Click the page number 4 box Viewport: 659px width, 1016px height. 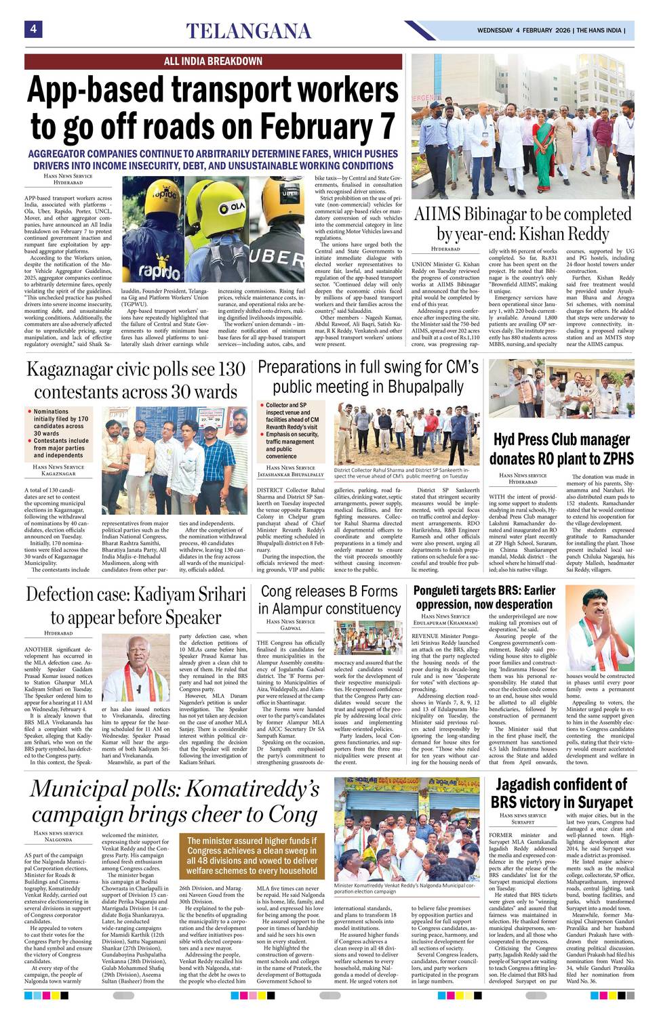click(33, 29)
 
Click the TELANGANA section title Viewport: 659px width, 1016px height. click(249, 31)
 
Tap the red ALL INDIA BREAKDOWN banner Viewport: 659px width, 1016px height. click(213, 61)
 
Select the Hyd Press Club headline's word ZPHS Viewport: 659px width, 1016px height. click(612, 459)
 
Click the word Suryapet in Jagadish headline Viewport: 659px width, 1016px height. click(593, 802)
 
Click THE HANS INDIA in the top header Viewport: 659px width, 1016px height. click(601, 30)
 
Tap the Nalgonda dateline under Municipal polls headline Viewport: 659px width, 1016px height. click(58, 840)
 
